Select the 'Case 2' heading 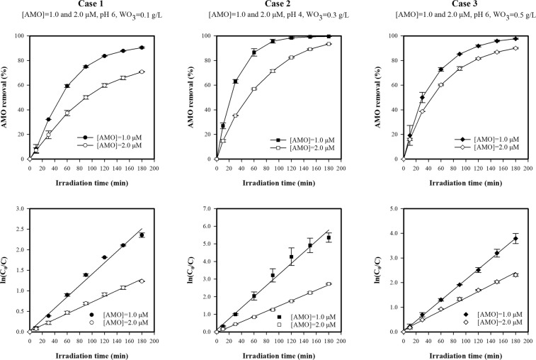tap(278, 5)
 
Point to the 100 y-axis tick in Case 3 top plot tap(393, 35)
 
